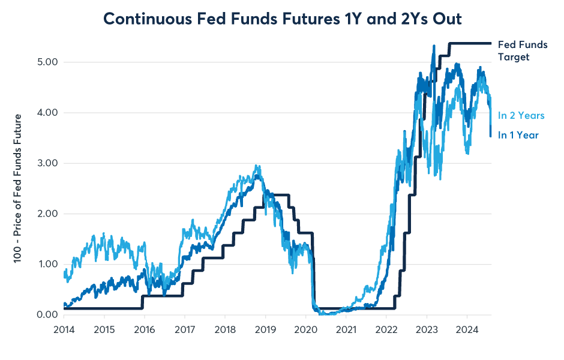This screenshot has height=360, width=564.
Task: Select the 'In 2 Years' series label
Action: tap(521, 115)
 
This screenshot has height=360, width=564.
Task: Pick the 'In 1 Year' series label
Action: tap(518, 135)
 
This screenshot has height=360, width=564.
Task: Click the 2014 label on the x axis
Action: tap(64, 329)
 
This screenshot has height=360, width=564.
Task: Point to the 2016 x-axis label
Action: tap(145, 329)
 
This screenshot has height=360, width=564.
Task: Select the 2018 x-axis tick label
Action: tap(225, 329)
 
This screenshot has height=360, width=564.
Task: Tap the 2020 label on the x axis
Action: tap(306, 329)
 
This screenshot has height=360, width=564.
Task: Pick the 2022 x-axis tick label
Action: tap(386, 329)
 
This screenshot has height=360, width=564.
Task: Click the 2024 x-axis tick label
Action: tap(467, 329)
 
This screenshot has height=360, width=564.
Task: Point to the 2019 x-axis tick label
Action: tap(265, 329)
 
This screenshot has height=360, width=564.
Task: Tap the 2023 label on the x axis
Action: tap(427, 329)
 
